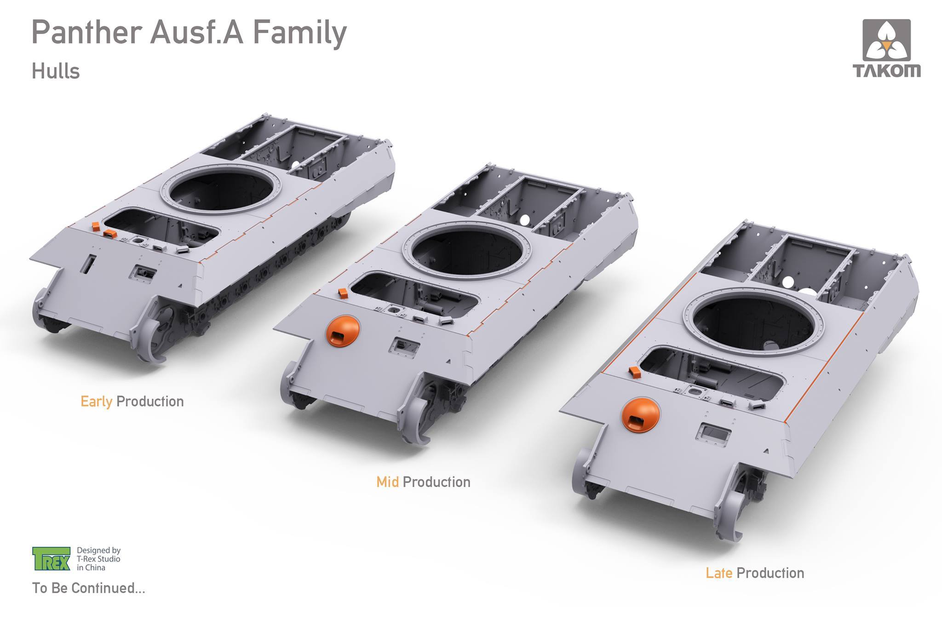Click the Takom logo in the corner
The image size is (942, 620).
(886, 48)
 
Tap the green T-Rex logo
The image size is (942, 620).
(51, 559)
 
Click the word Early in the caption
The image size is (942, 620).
(96, 402)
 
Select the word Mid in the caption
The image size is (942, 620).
(387, 482)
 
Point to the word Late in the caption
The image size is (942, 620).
(719, 573)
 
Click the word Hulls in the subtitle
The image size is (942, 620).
(56, 71)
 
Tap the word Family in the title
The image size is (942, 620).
(300, 33)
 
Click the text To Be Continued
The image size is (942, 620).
(88, 588)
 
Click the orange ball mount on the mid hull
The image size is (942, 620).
(343, 331)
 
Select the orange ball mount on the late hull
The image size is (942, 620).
(640, 416)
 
